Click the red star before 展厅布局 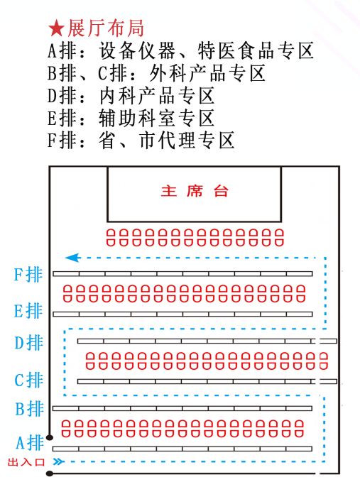click(56, 28)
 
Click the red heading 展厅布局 click(106, 28)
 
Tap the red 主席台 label click(195, 191)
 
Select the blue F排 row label click(28, 275)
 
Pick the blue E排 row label click(28, 311)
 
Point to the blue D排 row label click(28, 343)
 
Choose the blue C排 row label click(28, 380)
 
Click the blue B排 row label click(30, 409)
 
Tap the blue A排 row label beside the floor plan click(30, 443)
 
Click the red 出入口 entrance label click(26, 462)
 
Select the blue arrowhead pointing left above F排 click(73, 258)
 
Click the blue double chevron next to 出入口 click(58, 461)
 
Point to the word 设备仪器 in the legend click(137, 50)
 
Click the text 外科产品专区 click(207, 73)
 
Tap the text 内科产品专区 click(157, 96)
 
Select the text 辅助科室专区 click(156, 119)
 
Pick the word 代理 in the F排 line click(177, 141)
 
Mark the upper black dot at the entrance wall click(50, 437)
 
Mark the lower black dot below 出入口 click(50, 473)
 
